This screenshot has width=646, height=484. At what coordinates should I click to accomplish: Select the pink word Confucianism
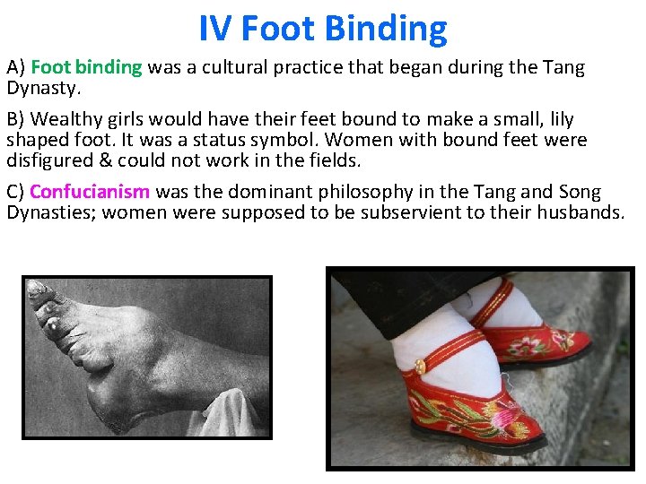90,192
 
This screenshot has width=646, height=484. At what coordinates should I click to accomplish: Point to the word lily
560,119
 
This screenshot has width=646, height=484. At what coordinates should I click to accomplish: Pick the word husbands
580,212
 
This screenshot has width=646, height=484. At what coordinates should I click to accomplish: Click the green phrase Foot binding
87,67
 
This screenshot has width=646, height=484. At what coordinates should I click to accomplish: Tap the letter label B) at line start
16,119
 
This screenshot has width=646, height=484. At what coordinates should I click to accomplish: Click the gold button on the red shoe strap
419,366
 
